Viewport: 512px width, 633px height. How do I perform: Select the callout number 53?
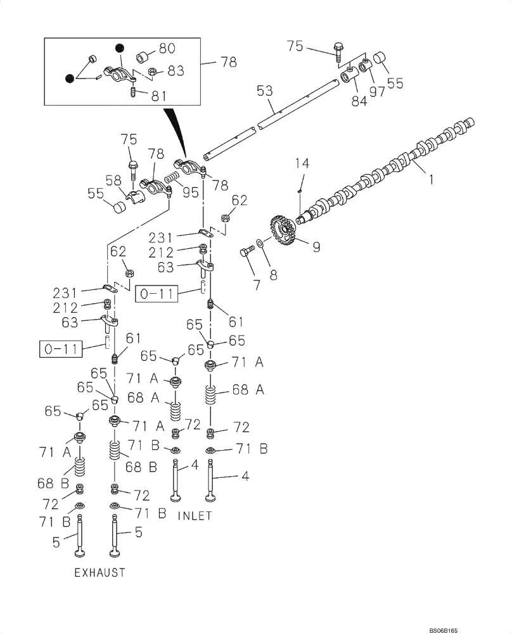pyautogui.click(x=265, y=92)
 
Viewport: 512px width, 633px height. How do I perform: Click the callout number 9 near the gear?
pyautogui.click(x=315, y=247)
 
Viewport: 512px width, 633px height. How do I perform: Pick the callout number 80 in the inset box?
pyautogui.click(x=167, y=49)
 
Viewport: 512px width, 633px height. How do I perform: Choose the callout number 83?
pyautogui.click(x=176, y=71)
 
